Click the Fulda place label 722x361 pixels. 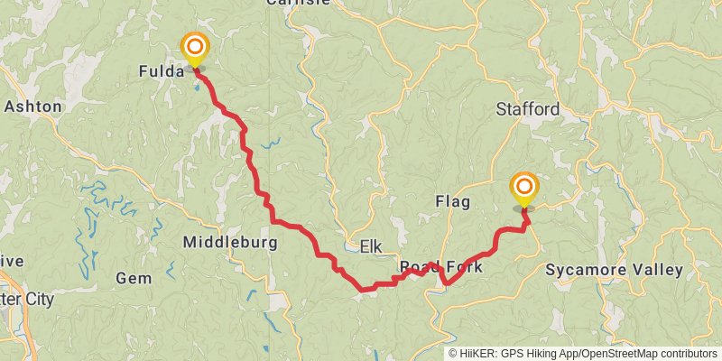160,69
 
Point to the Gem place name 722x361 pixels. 134,278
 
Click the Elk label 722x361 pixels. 371,246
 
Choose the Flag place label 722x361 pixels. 452,200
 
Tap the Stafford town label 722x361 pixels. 528,109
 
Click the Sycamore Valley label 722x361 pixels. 614,270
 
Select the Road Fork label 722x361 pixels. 441,268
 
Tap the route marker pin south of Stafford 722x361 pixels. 523,189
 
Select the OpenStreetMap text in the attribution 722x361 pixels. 620,354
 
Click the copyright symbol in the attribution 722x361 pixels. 453,354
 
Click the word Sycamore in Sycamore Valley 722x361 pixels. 586,270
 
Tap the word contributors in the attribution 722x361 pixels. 690,354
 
